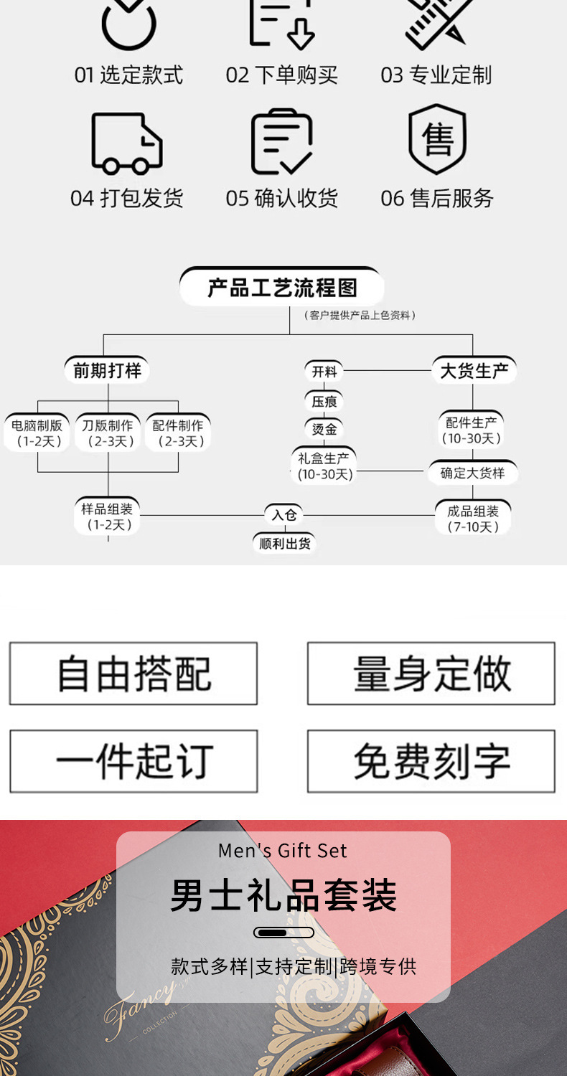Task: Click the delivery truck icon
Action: (127, 143)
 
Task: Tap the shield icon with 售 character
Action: (437, 140)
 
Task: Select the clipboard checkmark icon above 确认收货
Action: (281, 142)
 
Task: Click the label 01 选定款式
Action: (128, 75)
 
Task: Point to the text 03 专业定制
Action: (436, 75)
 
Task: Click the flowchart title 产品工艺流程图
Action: (281, 288)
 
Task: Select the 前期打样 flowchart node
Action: (108, 371)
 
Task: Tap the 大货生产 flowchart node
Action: (473, 371)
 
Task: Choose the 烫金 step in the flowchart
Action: (324, 429)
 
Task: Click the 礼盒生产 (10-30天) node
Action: (325, 466)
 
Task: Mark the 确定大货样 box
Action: (472, 473)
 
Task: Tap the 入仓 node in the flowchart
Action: (283, 515)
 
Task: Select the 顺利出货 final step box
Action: (285, 544)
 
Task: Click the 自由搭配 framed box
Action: (133, 674)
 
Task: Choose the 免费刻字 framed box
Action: (431, 762)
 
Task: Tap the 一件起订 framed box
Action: (133, 762)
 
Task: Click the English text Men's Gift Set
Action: (283, 851)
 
